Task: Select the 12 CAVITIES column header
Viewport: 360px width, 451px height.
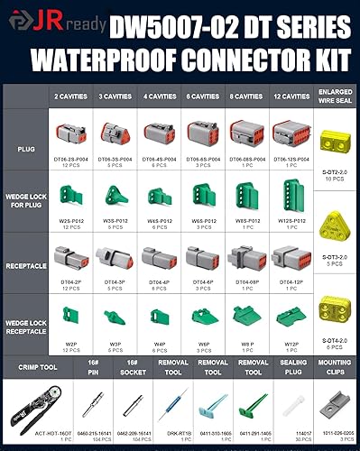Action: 291,95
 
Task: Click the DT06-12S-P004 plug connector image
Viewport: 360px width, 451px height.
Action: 291,133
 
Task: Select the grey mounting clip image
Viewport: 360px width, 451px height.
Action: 335,404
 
